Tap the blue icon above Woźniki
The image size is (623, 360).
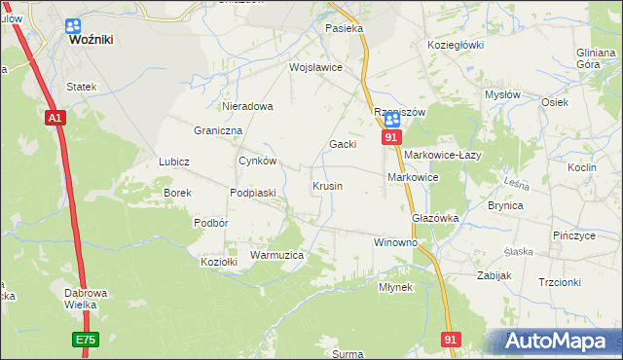(74, 26)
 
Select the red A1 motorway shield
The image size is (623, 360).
(55, 118)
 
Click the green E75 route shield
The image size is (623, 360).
(85, 339)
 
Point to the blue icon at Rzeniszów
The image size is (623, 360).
(391, 121)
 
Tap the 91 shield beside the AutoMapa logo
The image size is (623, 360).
(450, 339)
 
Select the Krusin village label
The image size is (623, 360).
(327, 186)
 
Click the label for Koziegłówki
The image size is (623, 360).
(456, 45)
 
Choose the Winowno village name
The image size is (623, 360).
(396, 241)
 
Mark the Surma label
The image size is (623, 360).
(348, 354)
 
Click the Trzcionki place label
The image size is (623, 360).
(560, 282)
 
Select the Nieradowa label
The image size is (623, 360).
(247, 106)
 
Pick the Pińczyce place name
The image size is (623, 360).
(573, 236)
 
